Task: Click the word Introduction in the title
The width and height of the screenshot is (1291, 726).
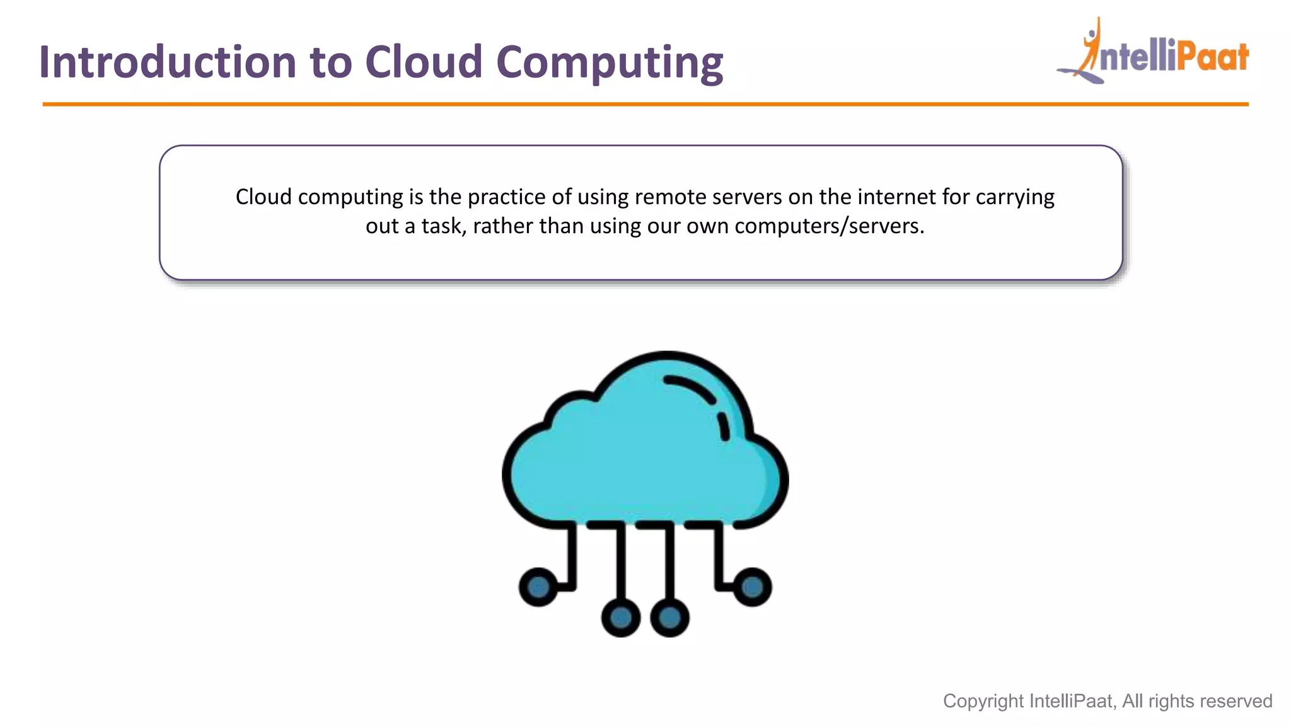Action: click(x=168, y=62)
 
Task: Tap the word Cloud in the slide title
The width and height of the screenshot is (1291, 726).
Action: click(x=424, y=62)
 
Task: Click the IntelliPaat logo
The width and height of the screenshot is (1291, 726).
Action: click(x=1154, y=54)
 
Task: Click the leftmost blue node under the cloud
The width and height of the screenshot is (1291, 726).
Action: click(x=538, y=587)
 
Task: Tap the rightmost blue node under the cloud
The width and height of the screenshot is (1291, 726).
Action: click(x=752, y=587)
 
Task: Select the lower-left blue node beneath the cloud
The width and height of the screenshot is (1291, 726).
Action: click(x=621, y=618)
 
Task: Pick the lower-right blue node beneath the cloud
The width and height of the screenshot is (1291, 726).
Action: click(x=669, y=618)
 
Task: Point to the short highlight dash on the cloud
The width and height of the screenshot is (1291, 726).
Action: click(x=724, y=427)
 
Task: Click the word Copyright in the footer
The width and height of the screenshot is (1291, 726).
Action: click(x=983, y=701)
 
